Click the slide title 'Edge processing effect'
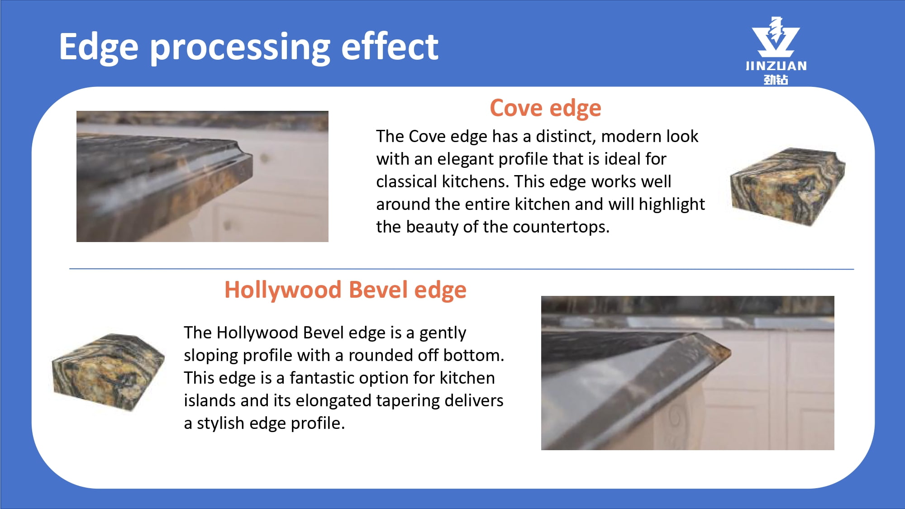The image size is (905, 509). [248, 47]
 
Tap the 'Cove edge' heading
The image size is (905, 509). [545, 109]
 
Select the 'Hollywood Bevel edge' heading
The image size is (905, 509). [345, 290]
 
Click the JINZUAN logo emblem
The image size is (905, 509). [776, 37]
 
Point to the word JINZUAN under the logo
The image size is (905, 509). [776, 66]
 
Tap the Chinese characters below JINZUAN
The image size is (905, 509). [776, 80]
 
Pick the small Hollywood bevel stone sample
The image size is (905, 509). [108, 372]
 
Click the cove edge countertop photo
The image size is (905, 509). [202, 176]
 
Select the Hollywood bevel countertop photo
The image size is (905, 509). [687, 373]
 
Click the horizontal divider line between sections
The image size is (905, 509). [462, 269]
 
